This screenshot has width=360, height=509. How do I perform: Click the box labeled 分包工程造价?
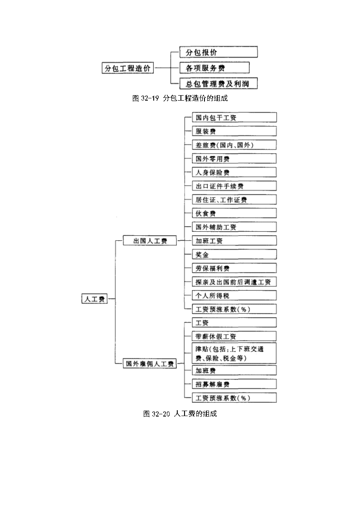pyautogui.click(x=127, y=68)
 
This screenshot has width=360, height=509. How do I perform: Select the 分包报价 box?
pyautogui.click(x=219, y=52)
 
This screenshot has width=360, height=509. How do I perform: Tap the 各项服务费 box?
pyautogui.click(x=214, y=68)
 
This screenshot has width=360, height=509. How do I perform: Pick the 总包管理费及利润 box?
pyautogui.click(x=219, y=83)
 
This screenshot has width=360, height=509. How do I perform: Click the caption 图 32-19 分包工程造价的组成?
pyautogui.click(x=180, y=98)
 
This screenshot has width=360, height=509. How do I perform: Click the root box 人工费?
pyautogui.click(x=94, y=299)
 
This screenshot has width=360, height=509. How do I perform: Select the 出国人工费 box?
pyautogui.click(x=150, y=241)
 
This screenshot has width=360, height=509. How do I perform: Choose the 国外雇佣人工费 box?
pyautogui.click(x=150, y=364)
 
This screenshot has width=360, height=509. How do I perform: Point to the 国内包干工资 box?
pyautogui.click(x=234, y=117)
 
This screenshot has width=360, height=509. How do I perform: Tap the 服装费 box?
pyautogui.click(x=234, y=131)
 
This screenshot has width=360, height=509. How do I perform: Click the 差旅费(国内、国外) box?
pyautogui.click(x=234, y=145)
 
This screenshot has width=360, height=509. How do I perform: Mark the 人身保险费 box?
pyautogui.click(x=234, y=172)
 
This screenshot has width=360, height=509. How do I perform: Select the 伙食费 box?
pyautogui.click(x=234, y=213)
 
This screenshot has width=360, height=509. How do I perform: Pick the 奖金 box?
pyautogui.click(x=234, y=254)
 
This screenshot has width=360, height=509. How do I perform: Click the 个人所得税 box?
pyautogui.click(x=234, y=295)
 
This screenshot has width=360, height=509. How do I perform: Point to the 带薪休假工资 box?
pyautogui.click(x=234, y=336)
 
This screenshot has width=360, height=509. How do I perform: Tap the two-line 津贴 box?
pyautogui.click(x=234, y=353)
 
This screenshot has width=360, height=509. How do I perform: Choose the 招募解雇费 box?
pyautogui.click(x=234, y=384)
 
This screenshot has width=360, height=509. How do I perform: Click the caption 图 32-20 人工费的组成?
pyautogui.click(x=180, y=413)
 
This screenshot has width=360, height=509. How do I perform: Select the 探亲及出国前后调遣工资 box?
pyautogui.click(x=234, y=281)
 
